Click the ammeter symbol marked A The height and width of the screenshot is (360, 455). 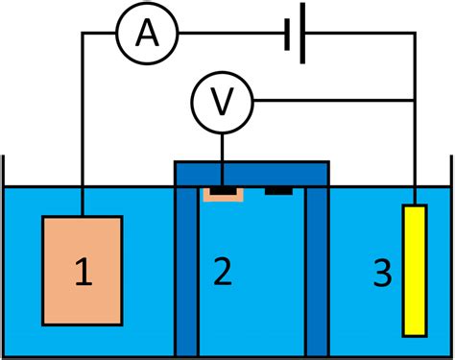(147, 35)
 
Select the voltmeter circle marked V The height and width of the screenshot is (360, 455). (223, 99)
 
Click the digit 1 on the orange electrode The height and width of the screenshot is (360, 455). (83, 274)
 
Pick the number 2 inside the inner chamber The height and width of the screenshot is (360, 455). (223, 274)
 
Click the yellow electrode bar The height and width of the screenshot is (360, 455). (414, 270)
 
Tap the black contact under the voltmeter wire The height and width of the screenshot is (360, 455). (223, 190)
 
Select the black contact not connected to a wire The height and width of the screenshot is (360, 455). (278, 190)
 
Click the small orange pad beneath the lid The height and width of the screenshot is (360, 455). (209, 196)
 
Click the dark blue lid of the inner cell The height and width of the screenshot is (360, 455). (251, 173)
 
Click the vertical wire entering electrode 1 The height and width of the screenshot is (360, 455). (83, 144)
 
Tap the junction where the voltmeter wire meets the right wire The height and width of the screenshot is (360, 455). (414, 99)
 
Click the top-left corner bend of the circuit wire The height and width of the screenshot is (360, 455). (83, 35)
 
